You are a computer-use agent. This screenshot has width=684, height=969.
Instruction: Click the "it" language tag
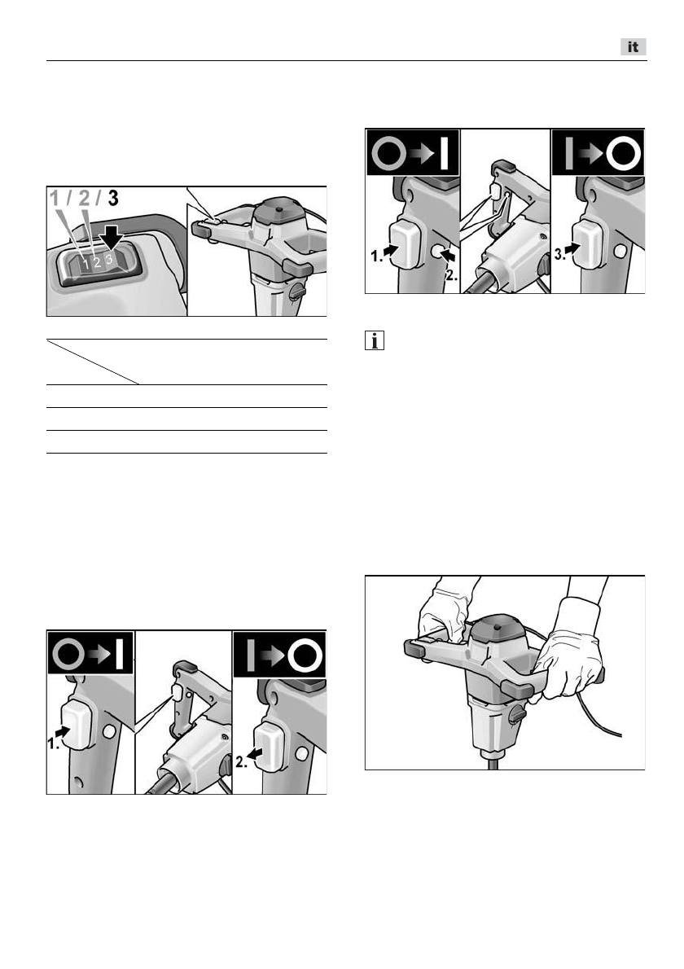point(634,47)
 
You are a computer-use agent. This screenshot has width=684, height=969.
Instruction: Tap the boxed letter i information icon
point(375,340)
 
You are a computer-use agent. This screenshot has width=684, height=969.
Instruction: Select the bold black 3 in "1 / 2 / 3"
point(113,199)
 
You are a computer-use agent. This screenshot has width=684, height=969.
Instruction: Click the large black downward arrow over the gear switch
point(112,237)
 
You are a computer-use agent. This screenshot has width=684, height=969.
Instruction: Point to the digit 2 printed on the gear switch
point(97,263)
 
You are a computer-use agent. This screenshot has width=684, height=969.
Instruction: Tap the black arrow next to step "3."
point(572,248)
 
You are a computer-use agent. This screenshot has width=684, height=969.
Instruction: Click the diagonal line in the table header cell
point(93,362)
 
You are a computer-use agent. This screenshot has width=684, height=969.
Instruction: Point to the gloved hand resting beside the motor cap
point(445,615)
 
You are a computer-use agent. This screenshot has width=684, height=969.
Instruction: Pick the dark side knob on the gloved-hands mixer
point(517,714)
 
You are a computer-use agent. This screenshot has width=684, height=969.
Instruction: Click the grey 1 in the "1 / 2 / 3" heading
point(55,199)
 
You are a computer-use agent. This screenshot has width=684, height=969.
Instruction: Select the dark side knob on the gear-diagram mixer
point(297,290)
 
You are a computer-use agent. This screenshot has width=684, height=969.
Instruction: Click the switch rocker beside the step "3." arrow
point(588,243)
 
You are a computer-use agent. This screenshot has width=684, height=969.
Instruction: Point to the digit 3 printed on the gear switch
point(109,259)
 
